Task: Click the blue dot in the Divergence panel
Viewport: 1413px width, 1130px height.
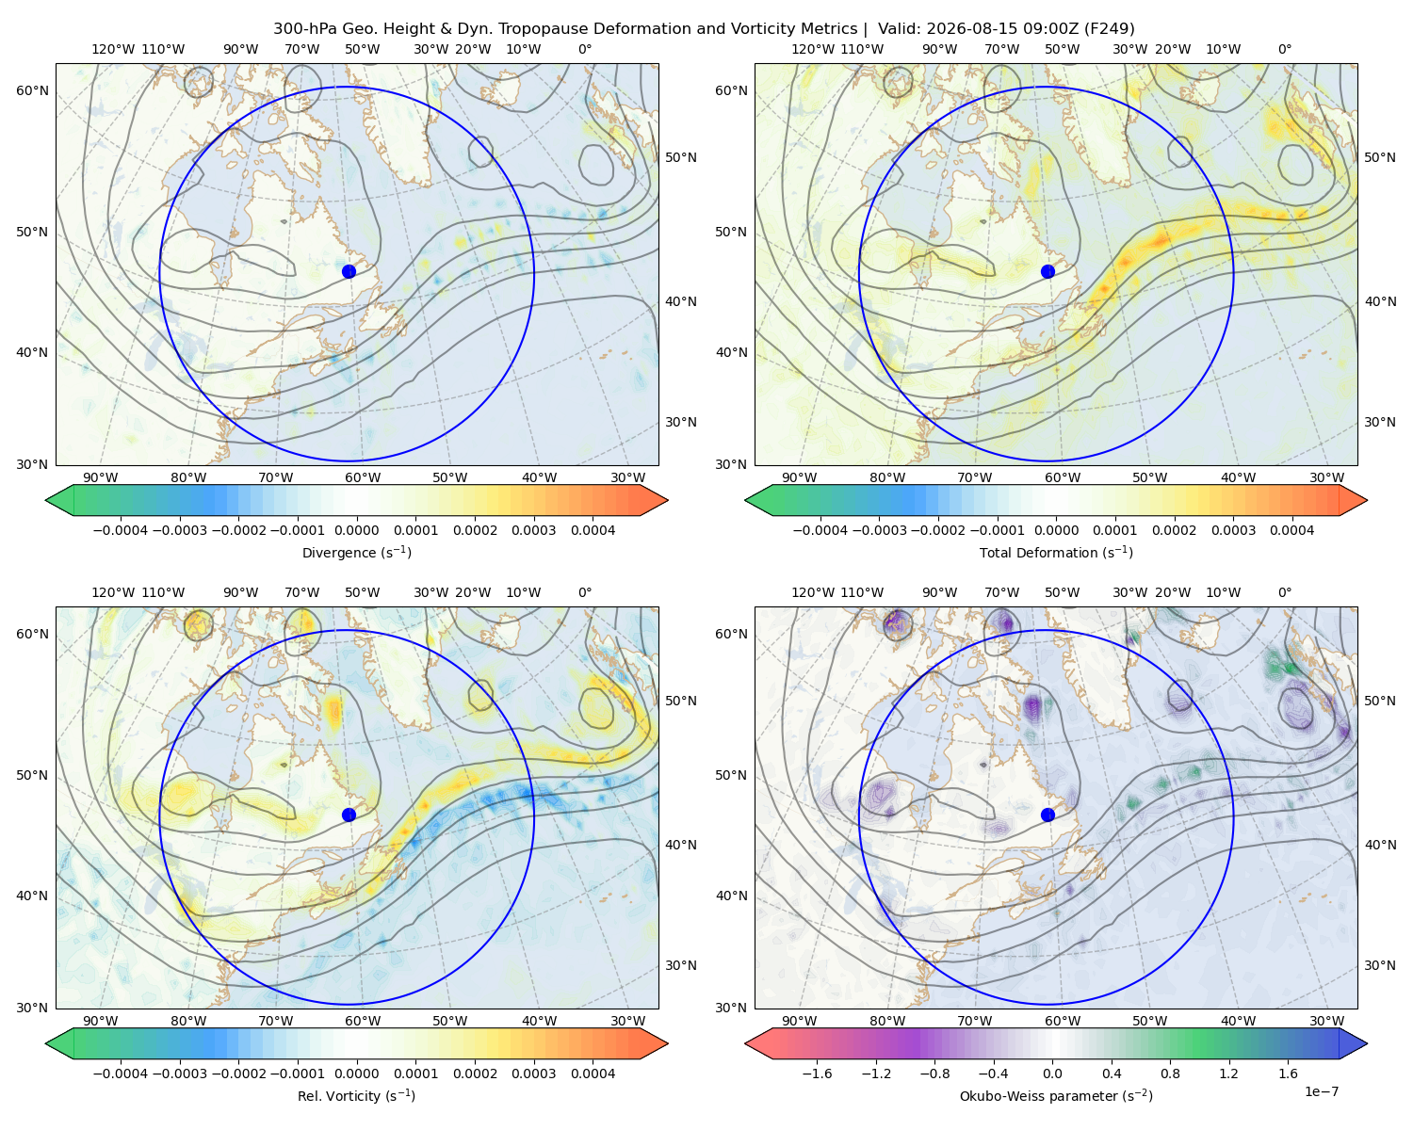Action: [349, 271]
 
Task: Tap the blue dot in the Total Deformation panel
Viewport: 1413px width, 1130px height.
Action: [1048, 271]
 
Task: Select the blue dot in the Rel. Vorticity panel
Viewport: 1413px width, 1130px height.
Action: [349, 815]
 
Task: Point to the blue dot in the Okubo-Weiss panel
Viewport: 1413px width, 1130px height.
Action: [1048, 815]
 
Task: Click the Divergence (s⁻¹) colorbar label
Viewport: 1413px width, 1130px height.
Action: [356, 553]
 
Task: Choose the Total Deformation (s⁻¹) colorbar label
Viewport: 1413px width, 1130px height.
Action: [1056, 553]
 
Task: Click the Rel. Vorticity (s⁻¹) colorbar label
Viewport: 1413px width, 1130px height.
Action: [356, 1096]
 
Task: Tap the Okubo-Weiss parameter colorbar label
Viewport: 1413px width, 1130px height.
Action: [1056, 1096]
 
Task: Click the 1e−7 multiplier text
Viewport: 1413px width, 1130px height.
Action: [1321, 1091]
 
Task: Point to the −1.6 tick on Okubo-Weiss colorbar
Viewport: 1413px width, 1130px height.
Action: [817, 1073]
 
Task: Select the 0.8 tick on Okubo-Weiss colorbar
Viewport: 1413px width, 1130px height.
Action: [1170, 1073]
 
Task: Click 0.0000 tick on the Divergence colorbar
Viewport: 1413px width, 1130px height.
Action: [356, 530]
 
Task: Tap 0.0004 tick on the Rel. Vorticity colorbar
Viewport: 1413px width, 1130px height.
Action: [593, 1073]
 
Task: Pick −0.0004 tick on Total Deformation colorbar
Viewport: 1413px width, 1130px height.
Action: [820, 530]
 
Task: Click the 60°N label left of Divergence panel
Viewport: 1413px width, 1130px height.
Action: [32, 90]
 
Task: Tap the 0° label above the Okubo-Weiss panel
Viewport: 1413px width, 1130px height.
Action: [1285, 592]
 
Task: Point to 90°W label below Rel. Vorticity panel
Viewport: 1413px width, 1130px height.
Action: [101, 1021]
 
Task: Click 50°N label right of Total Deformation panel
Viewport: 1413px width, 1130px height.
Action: [1379, 157]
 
